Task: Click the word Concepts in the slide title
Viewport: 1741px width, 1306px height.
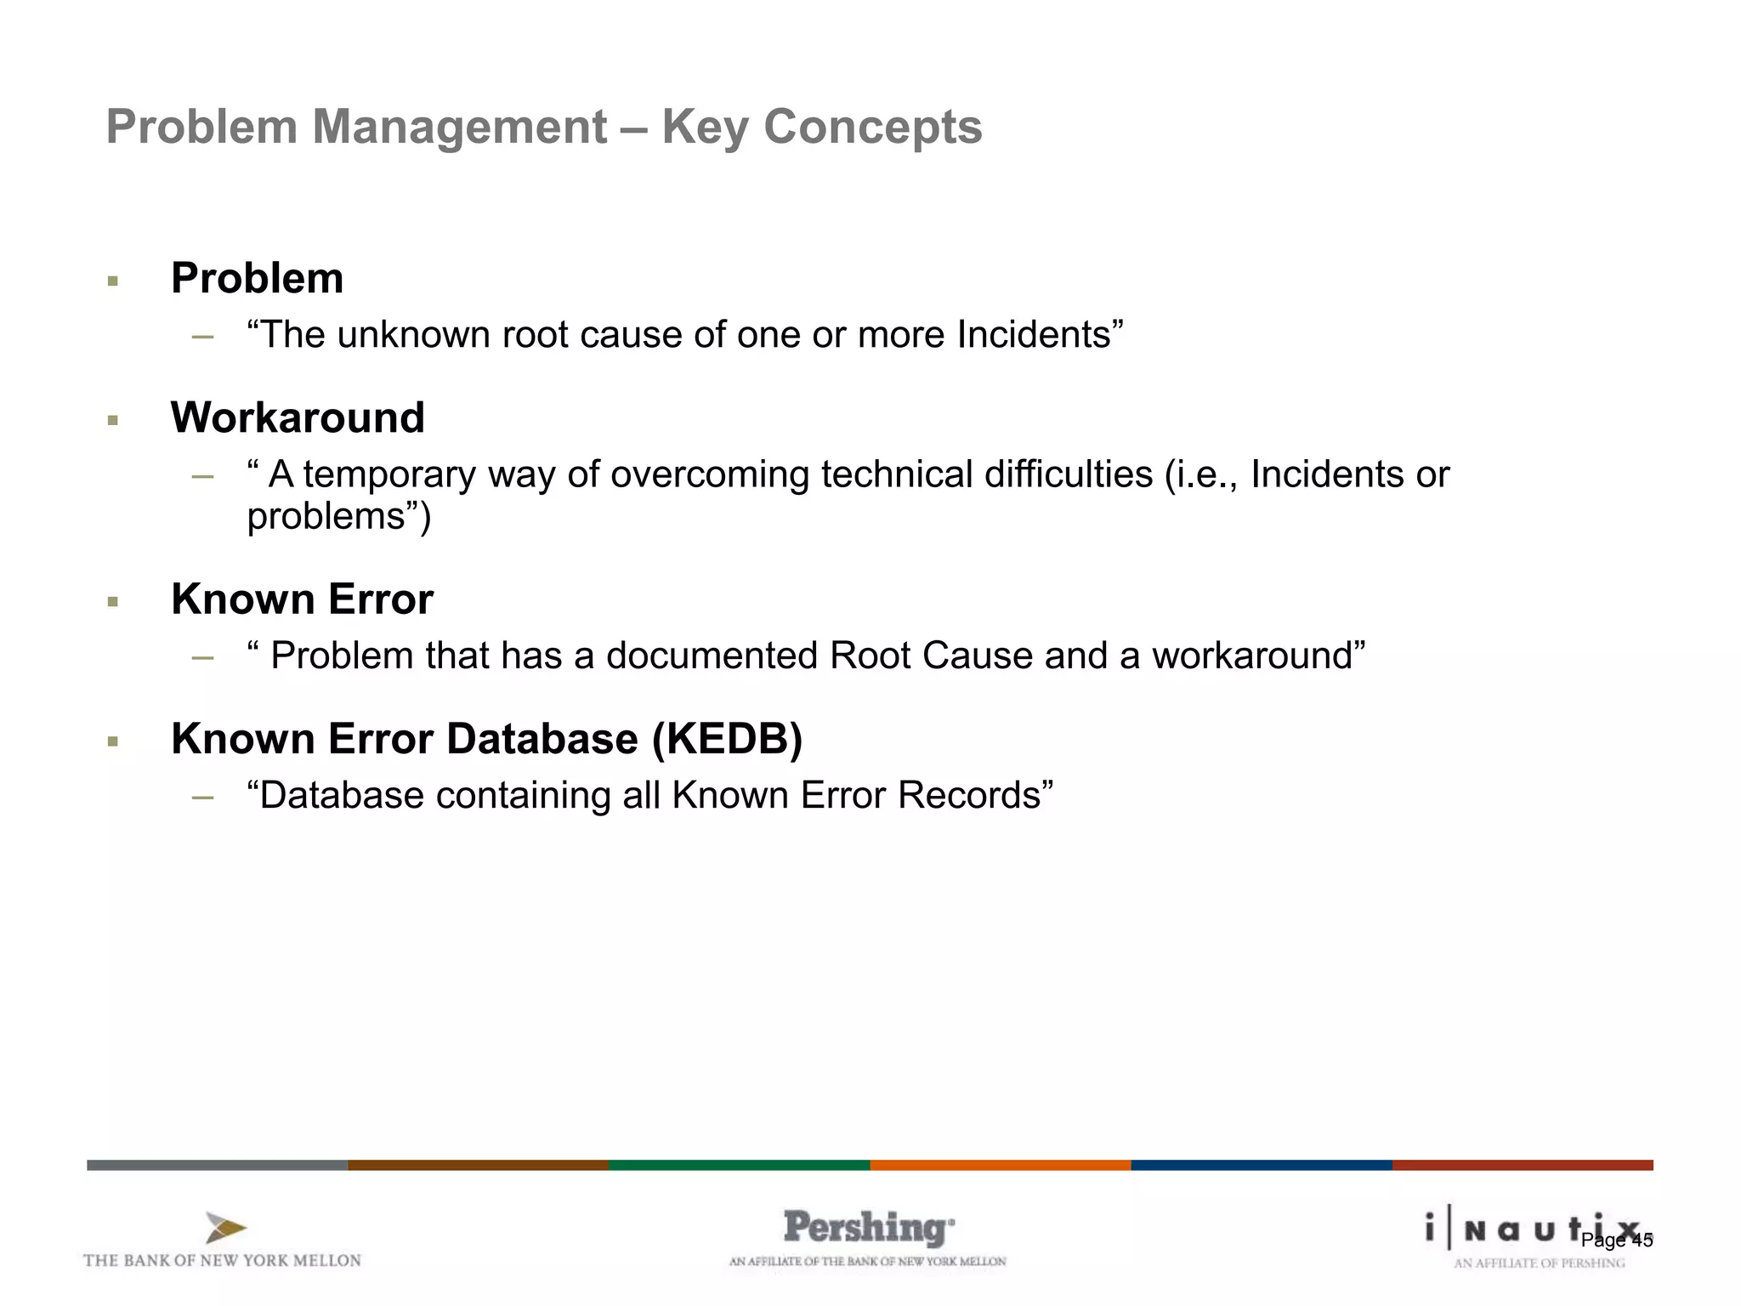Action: coord(872,128)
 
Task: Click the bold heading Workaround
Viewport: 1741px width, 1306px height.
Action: coord(298,417)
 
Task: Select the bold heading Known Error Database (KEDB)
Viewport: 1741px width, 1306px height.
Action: coord(486,738)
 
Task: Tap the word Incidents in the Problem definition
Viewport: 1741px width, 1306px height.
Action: coord(1034,335)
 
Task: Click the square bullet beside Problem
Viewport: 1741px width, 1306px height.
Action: coord(112,281)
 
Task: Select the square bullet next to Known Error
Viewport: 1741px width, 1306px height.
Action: coord(112,602)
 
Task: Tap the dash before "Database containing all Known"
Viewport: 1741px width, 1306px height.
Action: coord(202,797)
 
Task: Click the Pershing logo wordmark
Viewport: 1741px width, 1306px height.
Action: coord(867,1228)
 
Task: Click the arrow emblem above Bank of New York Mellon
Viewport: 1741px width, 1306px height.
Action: coord(225,1228)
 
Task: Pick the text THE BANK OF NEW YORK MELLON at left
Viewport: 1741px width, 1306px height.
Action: coord(222,1260)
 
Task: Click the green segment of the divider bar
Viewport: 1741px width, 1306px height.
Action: coord(739,1165)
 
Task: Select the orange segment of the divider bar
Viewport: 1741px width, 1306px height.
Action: coord(1000,1165)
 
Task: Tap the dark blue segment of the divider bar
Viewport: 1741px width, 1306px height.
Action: coord(1261,1165)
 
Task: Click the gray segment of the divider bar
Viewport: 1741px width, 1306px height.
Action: coord(217,1165)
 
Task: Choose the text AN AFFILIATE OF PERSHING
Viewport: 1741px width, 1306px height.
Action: coord(1539,1263)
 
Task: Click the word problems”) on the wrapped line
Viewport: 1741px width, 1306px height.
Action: coord(338,517)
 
